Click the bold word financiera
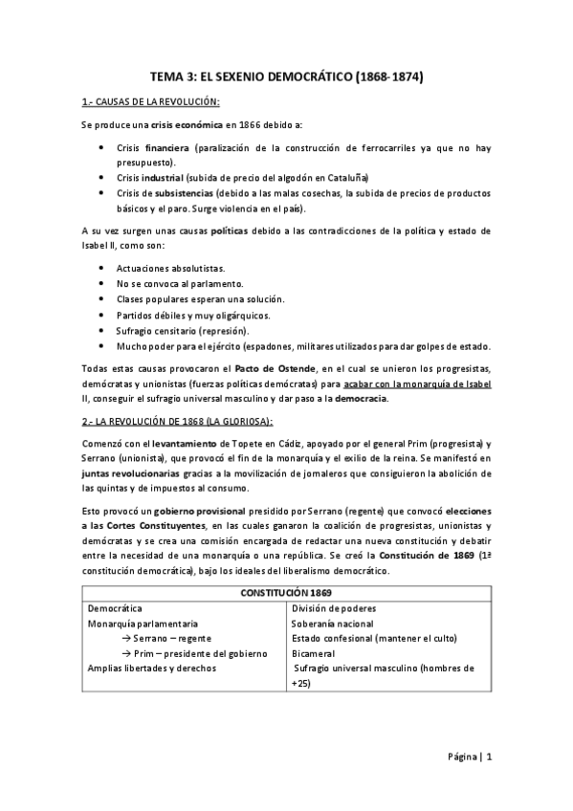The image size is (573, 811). coord(165,149)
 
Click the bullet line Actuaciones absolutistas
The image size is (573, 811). coord(170,270)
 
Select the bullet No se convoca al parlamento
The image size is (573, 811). coord(179,284)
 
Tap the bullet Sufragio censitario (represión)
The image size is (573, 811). coord(180,330)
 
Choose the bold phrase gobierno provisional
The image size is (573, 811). coord(165,510)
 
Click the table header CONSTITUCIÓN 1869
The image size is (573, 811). coord(286,593)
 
